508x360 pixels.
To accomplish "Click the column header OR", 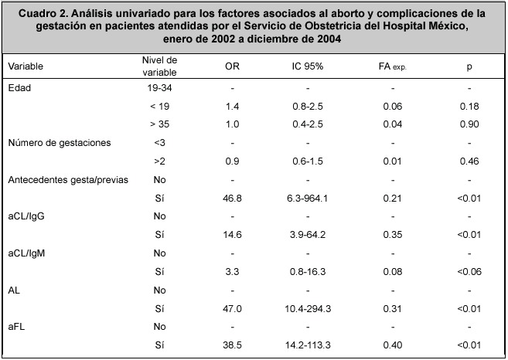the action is pos(232,66).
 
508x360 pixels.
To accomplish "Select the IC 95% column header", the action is pos(308,66).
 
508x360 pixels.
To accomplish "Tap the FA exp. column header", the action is pos(392,66).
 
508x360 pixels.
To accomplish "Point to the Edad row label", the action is pos(19,88).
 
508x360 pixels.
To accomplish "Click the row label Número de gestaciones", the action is pos(60,143).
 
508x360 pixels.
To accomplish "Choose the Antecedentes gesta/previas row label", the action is pos(68,180).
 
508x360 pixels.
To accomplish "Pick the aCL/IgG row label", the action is pos(26,216).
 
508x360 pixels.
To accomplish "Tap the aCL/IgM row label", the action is pos(26,253).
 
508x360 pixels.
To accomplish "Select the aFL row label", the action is pos(16,327).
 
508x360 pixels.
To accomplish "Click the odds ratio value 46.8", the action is pos(232,198).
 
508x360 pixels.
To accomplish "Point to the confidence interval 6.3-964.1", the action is pos(308,198).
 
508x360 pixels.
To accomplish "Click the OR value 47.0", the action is pos(232,309).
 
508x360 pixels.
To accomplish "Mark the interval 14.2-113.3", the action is pos(308,345).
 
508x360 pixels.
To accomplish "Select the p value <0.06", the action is pos(469,272).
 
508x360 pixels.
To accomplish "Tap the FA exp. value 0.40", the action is pos(392,345).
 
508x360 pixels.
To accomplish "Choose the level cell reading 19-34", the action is pos(159,88).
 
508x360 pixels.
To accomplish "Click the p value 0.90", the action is pos(469,124).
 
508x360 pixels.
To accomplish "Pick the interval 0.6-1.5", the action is pos(308,161).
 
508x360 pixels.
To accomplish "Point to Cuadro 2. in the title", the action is pos(43,14).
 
